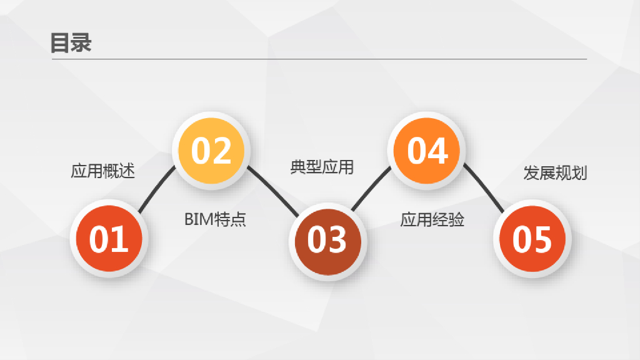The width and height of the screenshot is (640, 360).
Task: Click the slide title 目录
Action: (x=71, y=42)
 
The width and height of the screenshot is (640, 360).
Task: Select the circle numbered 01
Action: (x=109, y=240)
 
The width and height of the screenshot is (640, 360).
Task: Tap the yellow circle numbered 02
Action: (x=211, y=151)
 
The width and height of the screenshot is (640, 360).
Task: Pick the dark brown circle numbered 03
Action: (x=327, y=240)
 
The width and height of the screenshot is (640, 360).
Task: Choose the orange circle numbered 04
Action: (x=427, y=151)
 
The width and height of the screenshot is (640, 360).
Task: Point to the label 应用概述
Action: (x=102, y=171)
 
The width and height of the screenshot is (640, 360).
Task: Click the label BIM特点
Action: (x=215, y=219)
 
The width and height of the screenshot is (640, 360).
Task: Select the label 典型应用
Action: (x=322, y=167)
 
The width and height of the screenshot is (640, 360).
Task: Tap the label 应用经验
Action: (x=432, y=219)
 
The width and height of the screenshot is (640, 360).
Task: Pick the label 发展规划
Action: (x=555, y=173)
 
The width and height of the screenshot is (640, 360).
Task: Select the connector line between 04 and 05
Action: (x=484, y=189)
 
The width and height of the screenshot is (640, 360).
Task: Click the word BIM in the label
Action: (x=198, y=219)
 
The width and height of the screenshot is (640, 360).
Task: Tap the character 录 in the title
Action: (x=81, y=42)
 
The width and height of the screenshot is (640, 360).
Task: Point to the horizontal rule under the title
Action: (x=319, y=59)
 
